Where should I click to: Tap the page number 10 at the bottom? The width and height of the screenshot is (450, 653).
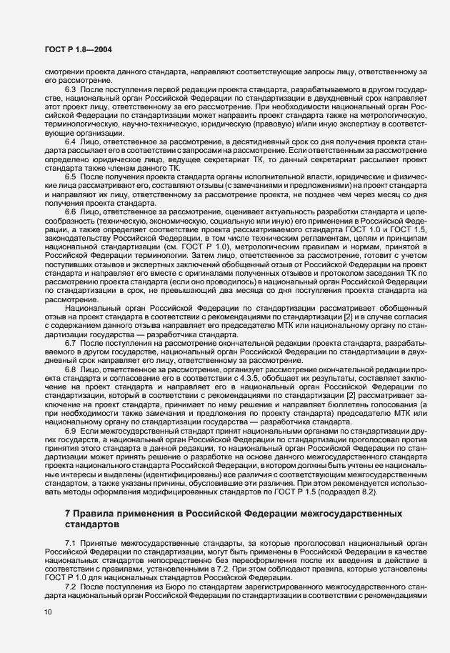click(x=47, y=612)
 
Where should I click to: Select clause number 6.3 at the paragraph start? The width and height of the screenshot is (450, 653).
click(x=71, y=89)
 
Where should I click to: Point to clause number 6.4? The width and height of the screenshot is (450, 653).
click(x=71, y=143)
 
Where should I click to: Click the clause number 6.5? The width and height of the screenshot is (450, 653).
click(x=71, y=176)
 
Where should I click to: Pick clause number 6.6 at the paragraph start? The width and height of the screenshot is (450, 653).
click(x=71, y=212)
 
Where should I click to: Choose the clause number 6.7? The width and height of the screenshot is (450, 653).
click(x=71, y=344)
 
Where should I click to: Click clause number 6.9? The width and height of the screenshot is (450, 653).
click(x=71, y=431)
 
